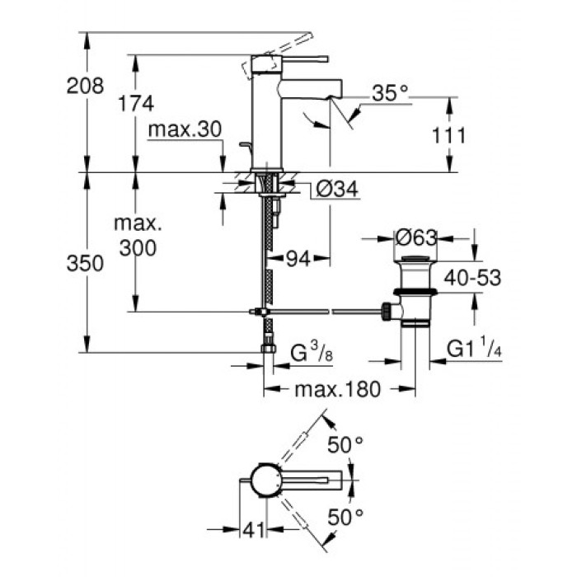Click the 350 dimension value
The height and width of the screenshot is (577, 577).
coord(87,265)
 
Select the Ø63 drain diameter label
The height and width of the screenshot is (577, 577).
coord(413,239)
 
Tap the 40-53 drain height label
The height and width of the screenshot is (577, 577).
coord(472,278)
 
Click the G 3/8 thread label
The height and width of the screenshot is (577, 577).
coord(312,354)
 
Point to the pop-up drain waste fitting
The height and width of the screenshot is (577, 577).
coord(412,293)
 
